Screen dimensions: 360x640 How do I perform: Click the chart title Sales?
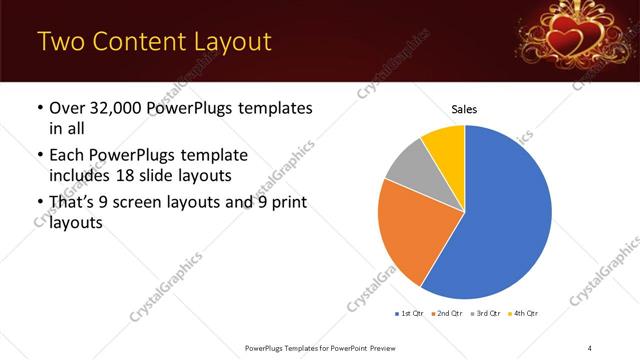[465, 108]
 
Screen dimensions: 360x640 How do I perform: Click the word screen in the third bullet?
[149, 203]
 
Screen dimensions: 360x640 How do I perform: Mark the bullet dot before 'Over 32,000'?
[39, 108]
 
